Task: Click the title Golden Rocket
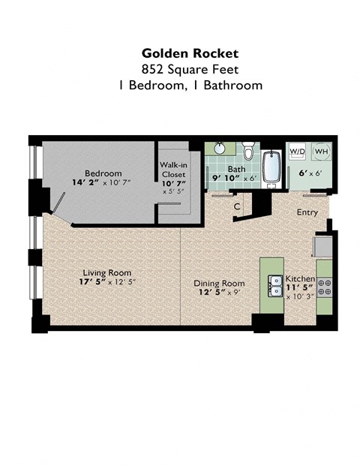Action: click(190, 53)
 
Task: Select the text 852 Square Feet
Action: click(190, 68)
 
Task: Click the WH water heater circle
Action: click(320, 152)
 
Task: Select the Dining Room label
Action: click(217, 283)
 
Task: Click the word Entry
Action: click(307, 212)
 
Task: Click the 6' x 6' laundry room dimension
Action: click(308, 173)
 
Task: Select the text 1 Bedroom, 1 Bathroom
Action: click(190, 85)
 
